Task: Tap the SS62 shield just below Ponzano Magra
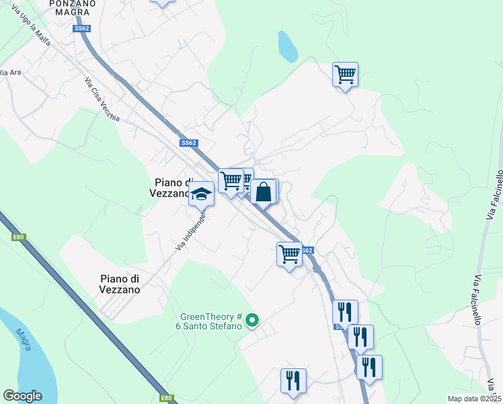point(82,28)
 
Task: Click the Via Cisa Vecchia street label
point(102,100)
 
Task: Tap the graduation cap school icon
point(200,195)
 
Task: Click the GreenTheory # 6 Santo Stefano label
point(210,322)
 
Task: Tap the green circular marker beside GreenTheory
point(252,320)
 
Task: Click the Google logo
point(22,396)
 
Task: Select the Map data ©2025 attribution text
point(474,399)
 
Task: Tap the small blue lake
point(288,46)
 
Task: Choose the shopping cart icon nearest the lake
point(345,73)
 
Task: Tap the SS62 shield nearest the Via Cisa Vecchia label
point(188,143)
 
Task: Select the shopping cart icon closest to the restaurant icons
point(289,255)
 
